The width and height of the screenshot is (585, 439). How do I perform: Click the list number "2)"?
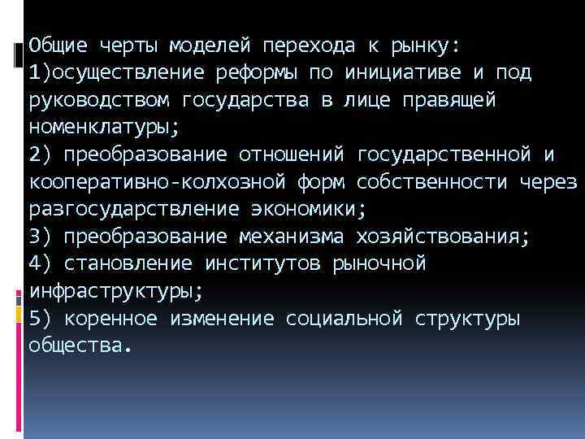point(40,154)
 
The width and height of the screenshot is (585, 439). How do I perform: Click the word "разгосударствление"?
point(133,209)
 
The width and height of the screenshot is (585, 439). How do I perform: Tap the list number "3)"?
point(40,237)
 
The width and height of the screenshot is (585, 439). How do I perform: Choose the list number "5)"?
point(40,319)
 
